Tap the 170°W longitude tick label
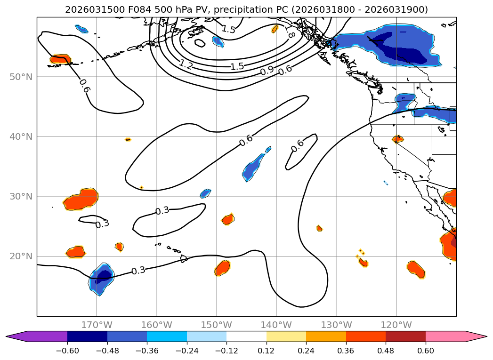97,325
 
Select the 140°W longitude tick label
276,325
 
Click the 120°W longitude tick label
396,325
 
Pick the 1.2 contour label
186,65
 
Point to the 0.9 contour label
267,71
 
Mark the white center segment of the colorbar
246,336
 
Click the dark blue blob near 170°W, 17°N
102,278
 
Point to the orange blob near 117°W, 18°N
416,269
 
